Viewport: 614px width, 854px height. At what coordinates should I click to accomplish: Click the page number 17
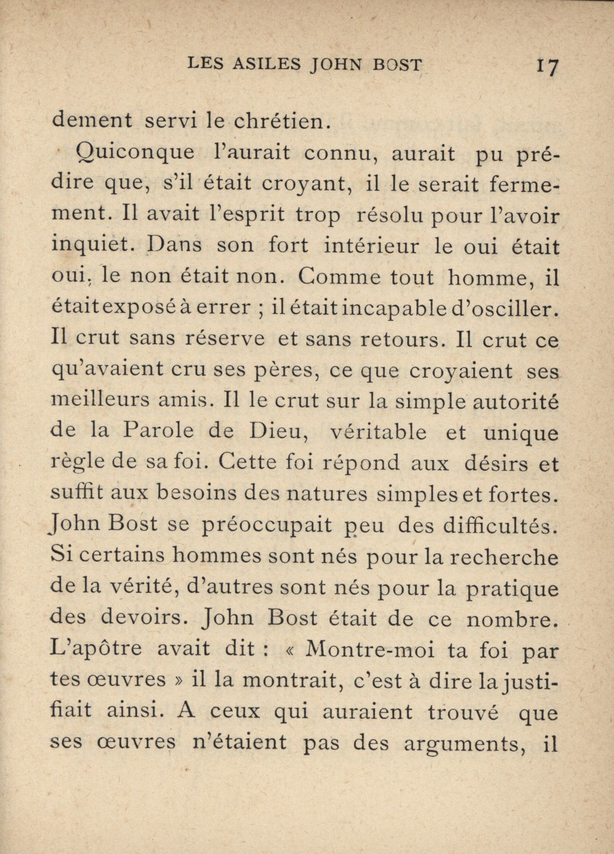coord(548,68)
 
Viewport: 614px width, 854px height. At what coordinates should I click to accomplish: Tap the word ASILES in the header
coord(266,65)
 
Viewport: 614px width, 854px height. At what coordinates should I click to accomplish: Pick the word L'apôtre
coord(96,650)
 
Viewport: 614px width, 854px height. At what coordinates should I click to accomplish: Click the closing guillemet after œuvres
coord(177,680)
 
